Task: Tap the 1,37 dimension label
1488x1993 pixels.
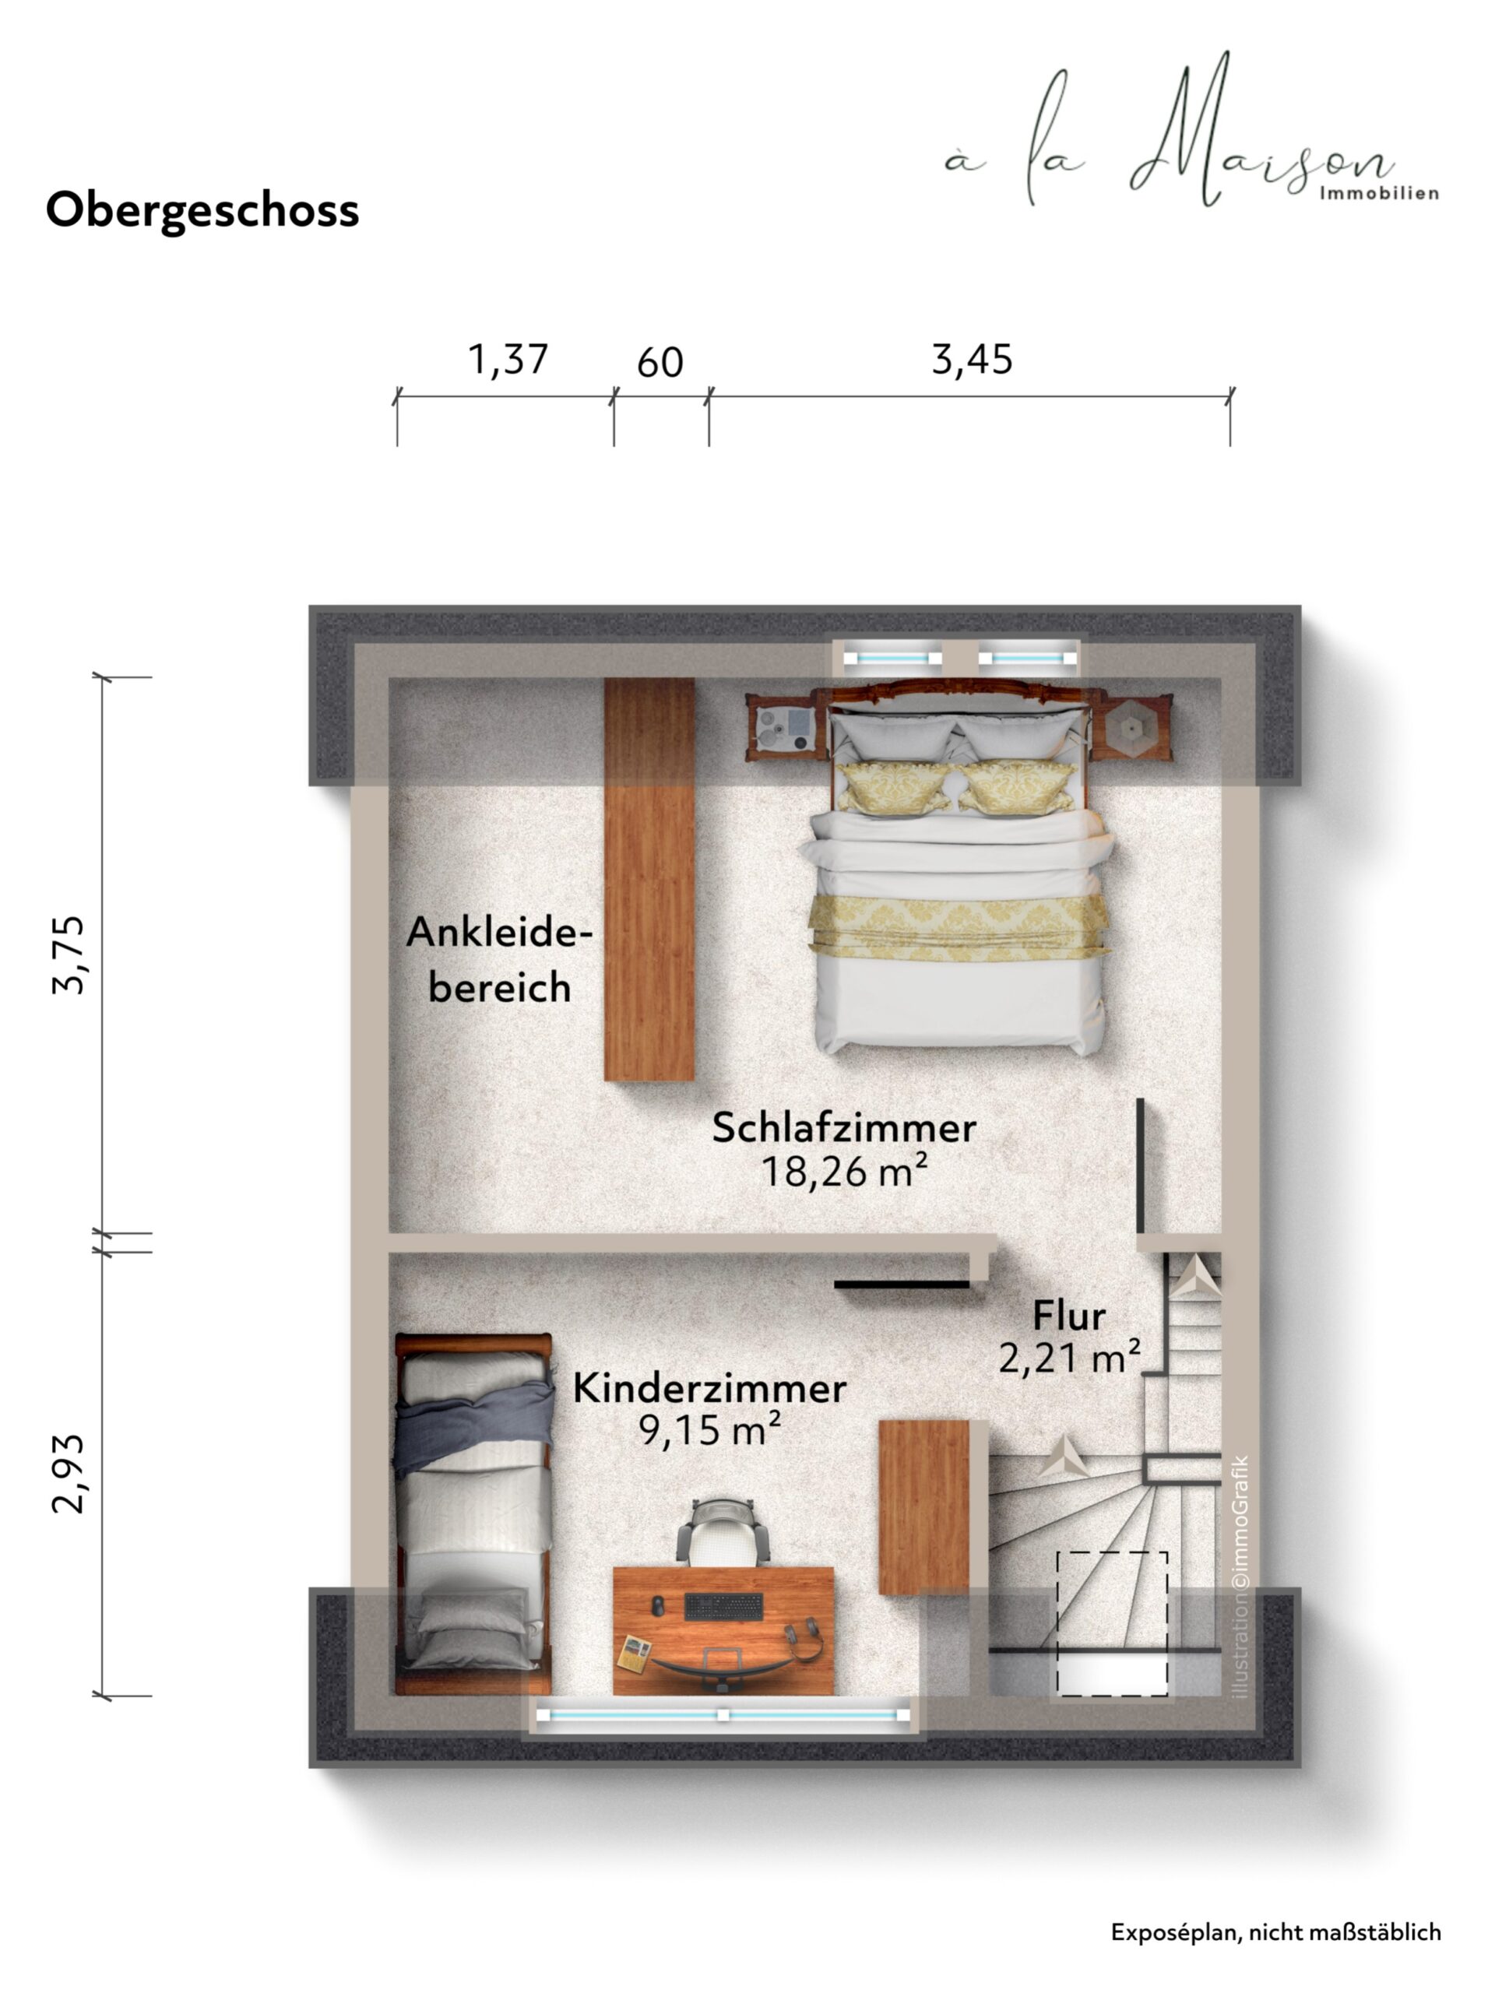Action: click(508, 360)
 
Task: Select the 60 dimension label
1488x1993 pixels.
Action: click(660, 363)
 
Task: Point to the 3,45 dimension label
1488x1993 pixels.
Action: click(972, 360)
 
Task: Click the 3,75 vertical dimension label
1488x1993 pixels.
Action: click(69, 954)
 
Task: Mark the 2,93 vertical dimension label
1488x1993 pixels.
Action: click(69, 1474)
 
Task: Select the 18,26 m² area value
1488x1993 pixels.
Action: click(844, 1172)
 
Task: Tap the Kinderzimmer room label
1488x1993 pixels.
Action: click(710, 1388)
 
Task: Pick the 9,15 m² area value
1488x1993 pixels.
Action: click(710, 1430)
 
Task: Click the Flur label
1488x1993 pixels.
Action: click(1069, 1316)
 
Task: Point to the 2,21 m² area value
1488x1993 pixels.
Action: click(1069, 1358)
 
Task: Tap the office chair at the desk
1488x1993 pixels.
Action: click(723, 1532)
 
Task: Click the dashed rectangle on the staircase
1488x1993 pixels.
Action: click(1113, 1624)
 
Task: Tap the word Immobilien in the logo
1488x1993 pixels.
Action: click(1379, 194)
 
